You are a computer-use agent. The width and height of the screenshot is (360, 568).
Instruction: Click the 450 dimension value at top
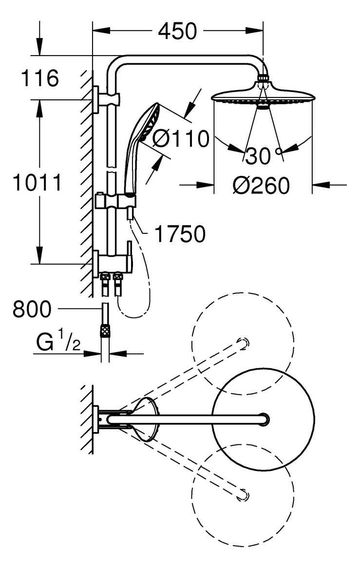coord(177,32)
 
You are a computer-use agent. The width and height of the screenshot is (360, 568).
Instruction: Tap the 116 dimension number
coord(40,78)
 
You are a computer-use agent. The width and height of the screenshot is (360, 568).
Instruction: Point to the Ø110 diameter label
coord(180,139)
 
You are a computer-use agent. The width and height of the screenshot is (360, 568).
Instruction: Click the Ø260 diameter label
coord(261,185)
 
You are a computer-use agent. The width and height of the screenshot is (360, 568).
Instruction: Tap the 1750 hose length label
coord(180,235)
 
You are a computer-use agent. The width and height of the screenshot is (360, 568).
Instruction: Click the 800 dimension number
coord(32,308)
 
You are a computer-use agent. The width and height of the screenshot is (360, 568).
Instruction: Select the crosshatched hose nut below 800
coord(104,332)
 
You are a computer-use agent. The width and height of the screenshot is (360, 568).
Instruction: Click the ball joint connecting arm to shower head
coord(263,77)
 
